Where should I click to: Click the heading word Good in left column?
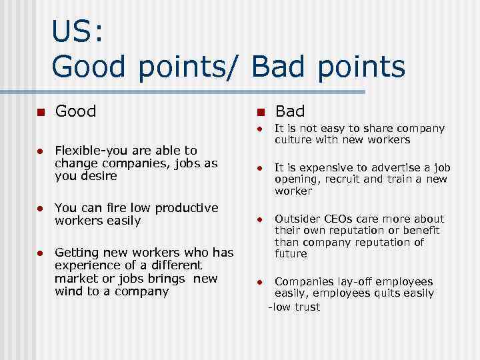[76, 111]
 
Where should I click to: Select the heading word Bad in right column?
[290, 111]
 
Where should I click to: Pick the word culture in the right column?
[293, 140]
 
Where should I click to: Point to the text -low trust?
[293, 307]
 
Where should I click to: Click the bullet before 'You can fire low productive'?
[40, 209]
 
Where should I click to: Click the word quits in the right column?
[397, 293]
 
